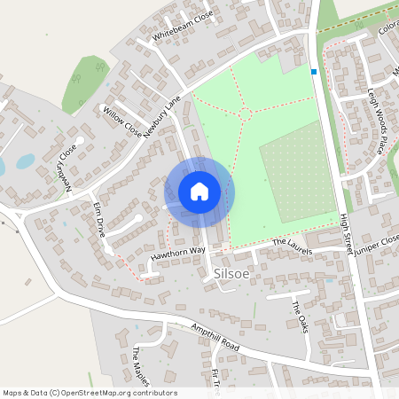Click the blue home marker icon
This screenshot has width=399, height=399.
pos(199,192)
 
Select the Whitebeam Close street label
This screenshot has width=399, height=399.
pos(184,27)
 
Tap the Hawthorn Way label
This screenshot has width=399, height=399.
pos(177,252)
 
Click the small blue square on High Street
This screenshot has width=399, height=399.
pos(313,71)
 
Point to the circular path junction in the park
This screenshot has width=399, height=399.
pos(246,113)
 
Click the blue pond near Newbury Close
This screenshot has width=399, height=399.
pos(25,161)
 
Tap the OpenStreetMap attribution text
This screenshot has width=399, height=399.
pos(90,392)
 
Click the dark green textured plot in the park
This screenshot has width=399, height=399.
pos(298,174)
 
